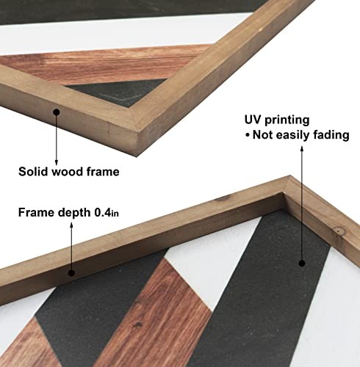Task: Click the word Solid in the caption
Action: (x=34, y=172)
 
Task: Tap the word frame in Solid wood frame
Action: (x=103, y=172)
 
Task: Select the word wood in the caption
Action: (x=68, y=172)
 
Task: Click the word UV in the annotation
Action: (x=253, y=120)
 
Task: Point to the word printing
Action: (x=287, y=120)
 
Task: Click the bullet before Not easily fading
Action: (x=248, y=135)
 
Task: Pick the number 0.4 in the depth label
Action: (x=103, y=212)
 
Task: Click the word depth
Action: (x=74, y=213)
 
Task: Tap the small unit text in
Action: (x=115, y=214)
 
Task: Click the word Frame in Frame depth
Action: (x=37, y=212)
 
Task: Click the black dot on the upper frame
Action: (x=57, y=112)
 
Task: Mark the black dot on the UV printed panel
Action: (x=302, y=264)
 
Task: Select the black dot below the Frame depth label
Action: (x=71, y=273)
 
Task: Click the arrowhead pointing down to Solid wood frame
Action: (x=57, y=162)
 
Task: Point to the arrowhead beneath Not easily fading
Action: (x=302, y=149)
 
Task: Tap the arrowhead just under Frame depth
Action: (x=71, y=225)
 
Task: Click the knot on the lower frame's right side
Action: (x=339, y=230)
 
